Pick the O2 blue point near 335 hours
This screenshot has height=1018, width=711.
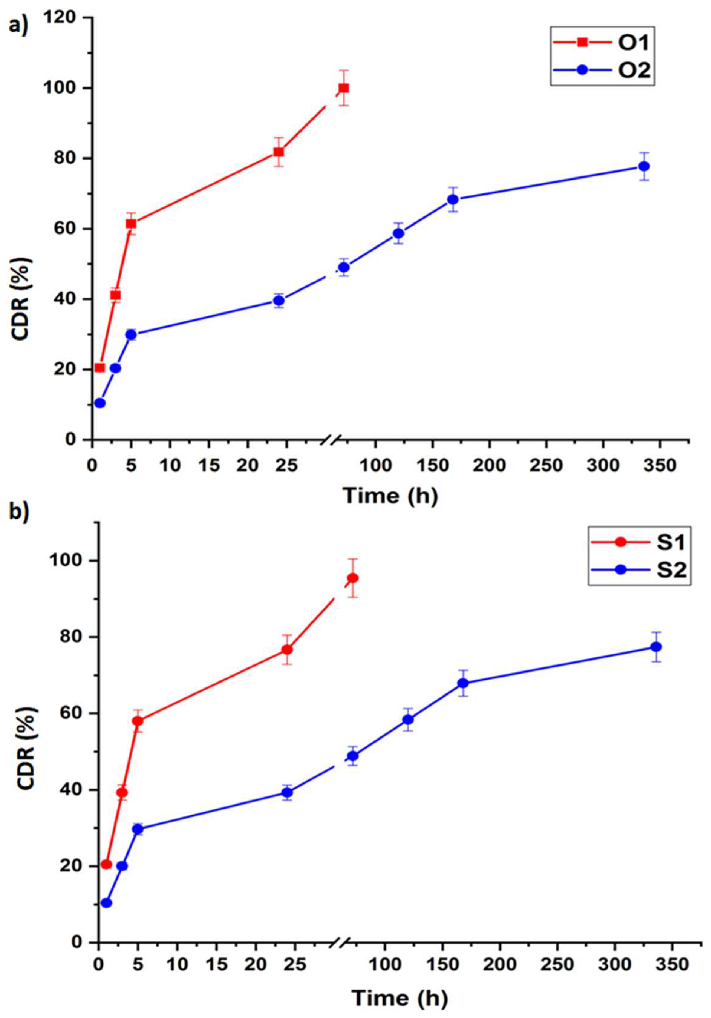click(644, 166)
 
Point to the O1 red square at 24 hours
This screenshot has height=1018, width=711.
click(279, 152)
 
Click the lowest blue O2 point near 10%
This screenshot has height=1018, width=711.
click(100, 403)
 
